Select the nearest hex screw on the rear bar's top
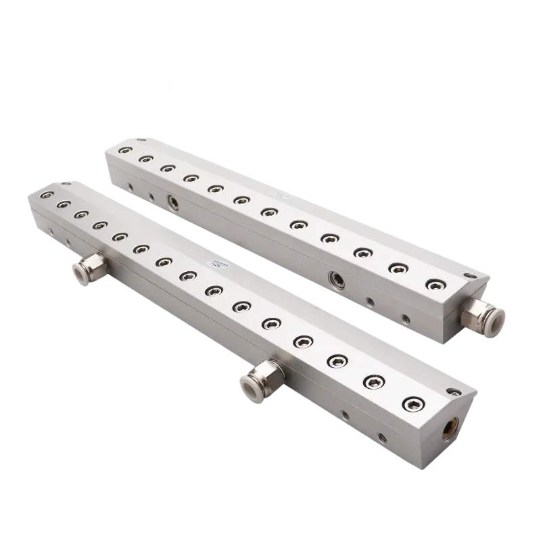431,283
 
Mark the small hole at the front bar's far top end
66,182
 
